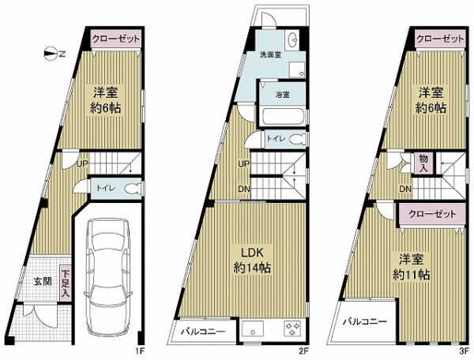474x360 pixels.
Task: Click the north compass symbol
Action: pos(52,54)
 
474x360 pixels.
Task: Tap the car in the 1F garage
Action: pos(108,276)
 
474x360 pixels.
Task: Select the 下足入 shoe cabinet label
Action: pos(66,283)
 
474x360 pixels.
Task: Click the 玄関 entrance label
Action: pos(42,282)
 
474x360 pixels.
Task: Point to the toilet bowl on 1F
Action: pos(132,189)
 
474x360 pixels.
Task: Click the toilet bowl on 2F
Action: pos(298,139)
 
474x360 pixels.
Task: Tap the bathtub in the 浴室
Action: pos(282,116)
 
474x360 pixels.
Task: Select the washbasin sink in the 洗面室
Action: pos(292,39)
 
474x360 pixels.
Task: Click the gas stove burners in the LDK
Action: pos(292,328)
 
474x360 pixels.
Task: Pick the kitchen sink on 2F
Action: pos(253,329)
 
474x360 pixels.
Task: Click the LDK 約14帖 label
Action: pos(253,260)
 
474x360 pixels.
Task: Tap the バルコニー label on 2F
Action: pos(203,332)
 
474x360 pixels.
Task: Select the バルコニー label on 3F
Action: pos(364,321)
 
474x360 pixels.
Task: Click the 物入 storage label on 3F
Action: pos(423,163)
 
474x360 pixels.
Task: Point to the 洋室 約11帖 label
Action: pos(411,267)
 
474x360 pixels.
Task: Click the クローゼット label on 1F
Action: pos(116,39)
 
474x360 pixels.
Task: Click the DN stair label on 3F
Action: pos(405,189)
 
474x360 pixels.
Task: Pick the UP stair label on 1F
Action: pos(82,164)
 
